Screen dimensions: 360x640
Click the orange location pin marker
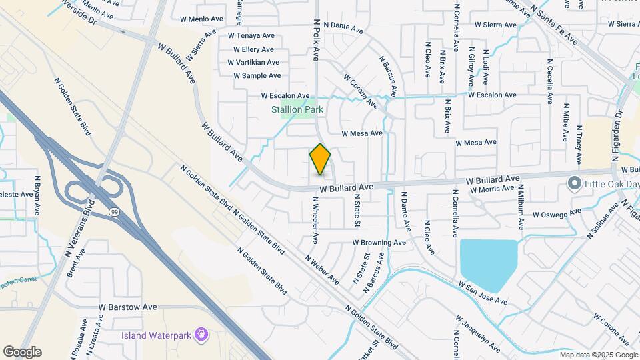(320, 160)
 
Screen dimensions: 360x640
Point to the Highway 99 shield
(114, 211)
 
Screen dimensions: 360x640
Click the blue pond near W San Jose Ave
(489, 261)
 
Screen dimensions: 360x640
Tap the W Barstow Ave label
(127, 307)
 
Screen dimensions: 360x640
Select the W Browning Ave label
(379, 243)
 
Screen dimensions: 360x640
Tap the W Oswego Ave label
(557, 215)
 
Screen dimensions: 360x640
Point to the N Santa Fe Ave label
(555, 23)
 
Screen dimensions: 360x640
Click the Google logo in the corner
(22, 351)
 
